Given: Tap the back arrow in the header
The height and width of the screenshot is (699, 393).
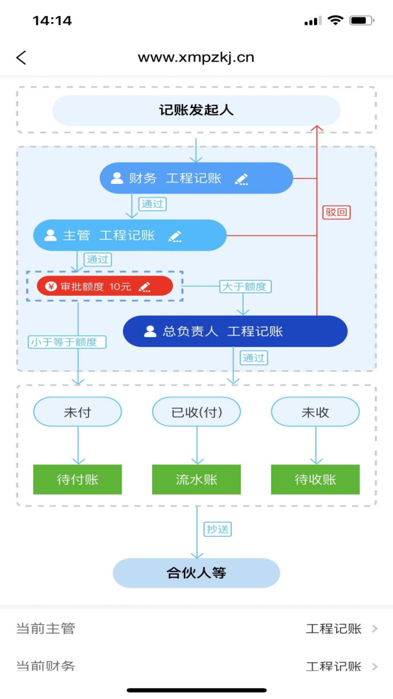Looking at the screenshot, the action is [x=21, y=58].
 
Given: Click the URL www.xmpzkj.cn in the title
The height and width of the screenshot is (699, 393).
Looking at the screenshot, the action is [x=196, y=58].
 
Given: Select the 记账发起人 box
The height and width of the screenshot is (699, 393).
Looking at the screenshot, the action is [x=196, y=110].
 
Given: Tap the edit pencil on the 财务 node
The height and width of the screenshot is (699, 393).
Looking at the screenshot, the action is [x=241, y=179].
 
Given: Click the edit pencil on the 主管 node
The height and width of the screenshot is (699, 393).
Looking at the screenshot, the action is [x=175, y=236].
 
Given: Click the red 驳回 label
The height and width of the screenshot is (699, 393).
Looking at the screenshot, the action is [x=336, y=212].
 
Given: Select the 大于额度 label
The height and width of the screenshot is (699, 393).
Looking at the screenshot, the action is [x=245, y=286].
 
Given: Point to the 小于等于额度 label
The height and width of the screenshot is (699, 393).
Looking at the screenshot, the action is [x=67, y=342].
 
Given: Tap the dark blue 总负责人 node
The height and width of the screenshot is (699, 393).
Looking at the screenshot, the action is [x=235, y=331].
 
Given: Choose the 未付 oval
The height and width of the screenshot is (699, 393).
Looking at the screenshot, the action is [x=78, y=412].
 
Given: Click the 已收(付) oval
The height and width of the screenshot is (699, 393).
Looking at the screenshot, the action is [x=196, y=412].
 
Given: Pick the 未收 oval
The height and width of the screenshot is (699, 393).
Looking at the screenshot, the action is [x=315, y=412].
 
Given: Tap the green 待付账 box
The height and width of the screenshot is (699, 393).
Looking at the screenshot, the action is [x=78, y=480].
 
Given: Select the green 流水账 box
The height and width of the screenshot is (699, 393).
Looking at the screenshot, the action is [x=196, y=480].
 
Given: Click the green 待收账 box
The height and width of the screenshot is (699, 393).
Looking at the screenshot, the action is [x=315, y=480].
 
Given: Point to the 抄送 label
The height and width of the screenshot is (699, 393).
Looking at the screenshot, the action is [x=218, y=529].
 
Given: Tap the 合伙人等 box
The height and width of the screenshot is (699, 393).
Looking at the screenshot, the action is [x=196, y=573].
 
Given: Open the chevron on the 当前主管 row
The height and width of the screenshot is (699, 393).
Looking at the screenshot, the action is [x=375, y=628].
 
